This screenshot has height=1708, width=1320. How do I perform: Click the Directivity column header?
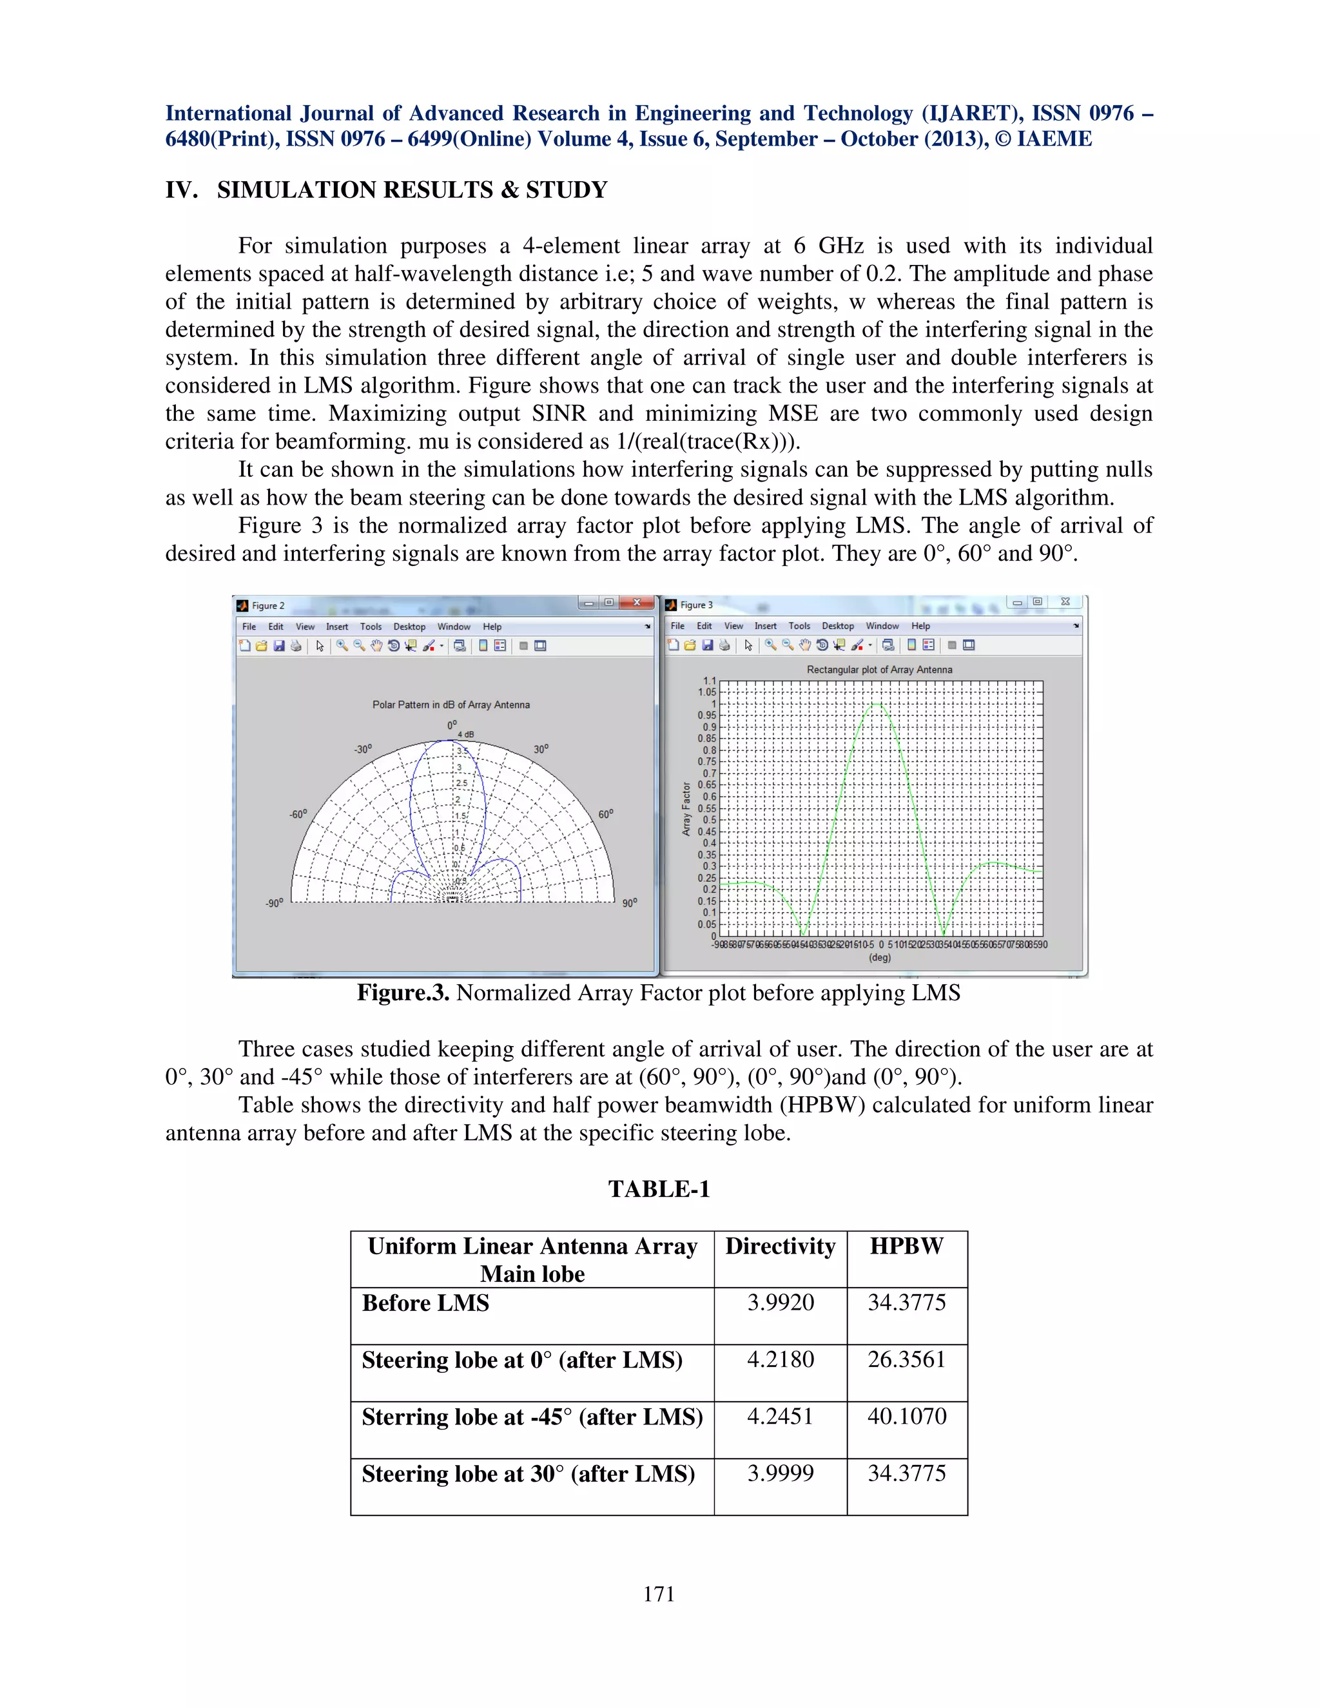point(780,1246)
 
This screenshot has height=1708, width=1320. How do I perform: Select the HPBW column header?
point(906,1246)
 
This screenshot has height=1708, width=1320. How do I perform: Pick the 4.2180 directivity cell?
point(780,1359)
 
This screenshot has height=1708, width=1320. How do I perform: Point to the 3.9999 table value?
point(780,1473)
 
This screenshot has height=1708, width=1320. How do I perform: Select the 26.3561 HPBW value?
point(906,1359)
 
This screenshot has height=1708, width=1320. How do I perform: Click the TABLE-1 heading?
point(659,1190)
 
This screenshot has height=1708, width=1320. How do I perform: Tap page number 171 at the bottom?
point(659,1594)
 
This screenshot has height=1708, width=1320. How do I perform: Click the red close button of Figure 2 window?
point(637,602)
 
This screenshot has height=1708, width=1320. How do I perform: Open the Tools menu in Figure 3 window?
point(799,626)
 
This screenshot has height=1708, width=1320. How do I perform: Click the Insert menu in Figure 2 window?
point(337,627)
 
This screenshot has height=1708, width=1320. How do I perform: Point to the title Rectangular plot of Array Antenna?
point(879,670)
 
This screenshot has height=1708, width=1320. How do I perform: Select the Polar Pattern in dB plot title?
point(451,705)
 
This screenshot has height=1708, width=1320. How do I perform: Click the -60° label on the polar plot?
point(298,814)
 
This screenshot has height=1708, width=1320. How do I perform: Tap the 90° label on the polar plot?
point(630,903)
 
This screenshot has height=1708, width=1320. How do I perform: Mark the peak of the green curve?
point(877,704)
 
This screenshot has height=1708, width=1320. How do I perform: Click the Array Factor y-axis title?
point(686,809)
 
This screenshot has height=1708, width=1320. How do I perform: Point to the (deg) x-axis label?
point(880,958)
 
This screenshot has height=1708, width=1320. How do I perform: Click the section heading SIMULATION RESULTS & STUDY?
point(412,190)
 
